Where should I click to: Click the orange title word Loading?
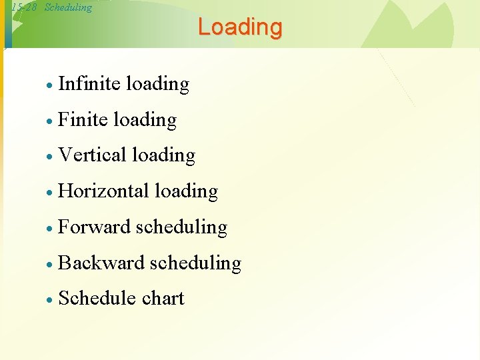240,27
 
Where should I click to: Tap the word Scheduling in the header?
68,8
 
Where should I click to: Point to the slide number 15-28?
24,8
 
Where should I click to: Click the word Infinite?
89,84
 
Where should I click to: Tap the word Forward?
94,227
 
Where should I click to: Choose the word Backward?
101,263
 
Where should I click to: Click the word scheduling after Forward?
181,228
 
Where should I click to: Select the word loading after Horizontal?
186,192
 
